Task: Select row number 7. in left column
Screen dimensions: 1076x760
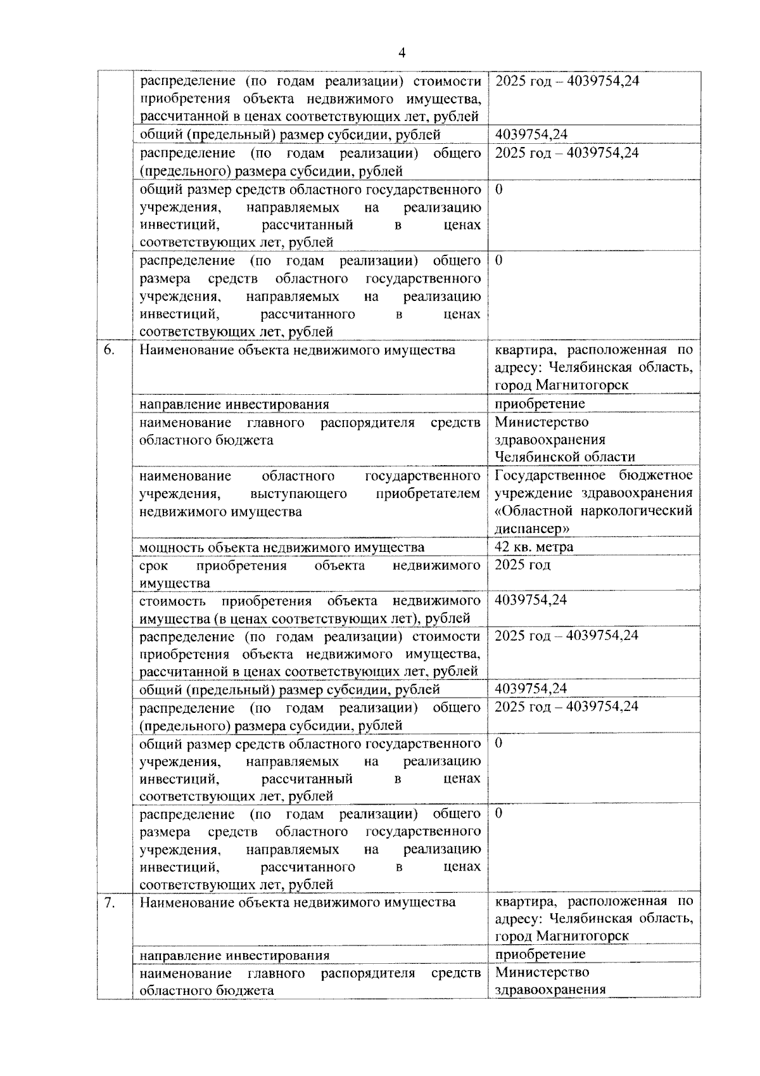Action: (x=109, y=902)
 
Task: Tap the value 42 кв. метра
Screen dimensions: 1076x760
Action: (x=534, y=547)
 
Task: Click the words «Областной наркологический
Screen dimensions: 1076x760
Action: (x=593, y=511)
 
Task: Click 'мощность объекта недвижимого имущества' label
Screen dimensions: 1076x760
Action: (x=282, y=548)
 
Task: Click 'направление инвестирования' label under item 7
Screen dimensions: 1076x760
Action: (x=234, y=956)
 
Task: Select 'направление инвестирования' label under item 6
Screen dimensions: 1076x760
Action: (x=234, y=405)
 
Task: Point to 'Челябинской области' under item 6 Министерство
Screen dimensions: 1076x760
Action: (x=564, y=457)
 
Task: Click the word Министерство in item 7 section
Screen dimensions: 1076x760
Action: (x=541, y=972)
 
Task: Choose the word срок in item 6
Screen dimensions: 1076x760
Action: (x=153, y=565)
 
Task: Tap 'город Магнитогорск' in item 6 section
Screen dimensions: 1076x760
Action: (x=561, y=385)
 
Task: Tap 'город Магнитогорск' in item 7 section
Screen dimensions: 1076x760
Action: (x=561, y=937)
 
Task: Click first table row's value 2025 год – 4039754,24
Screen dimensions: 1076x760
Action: (x=566, y=81)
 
